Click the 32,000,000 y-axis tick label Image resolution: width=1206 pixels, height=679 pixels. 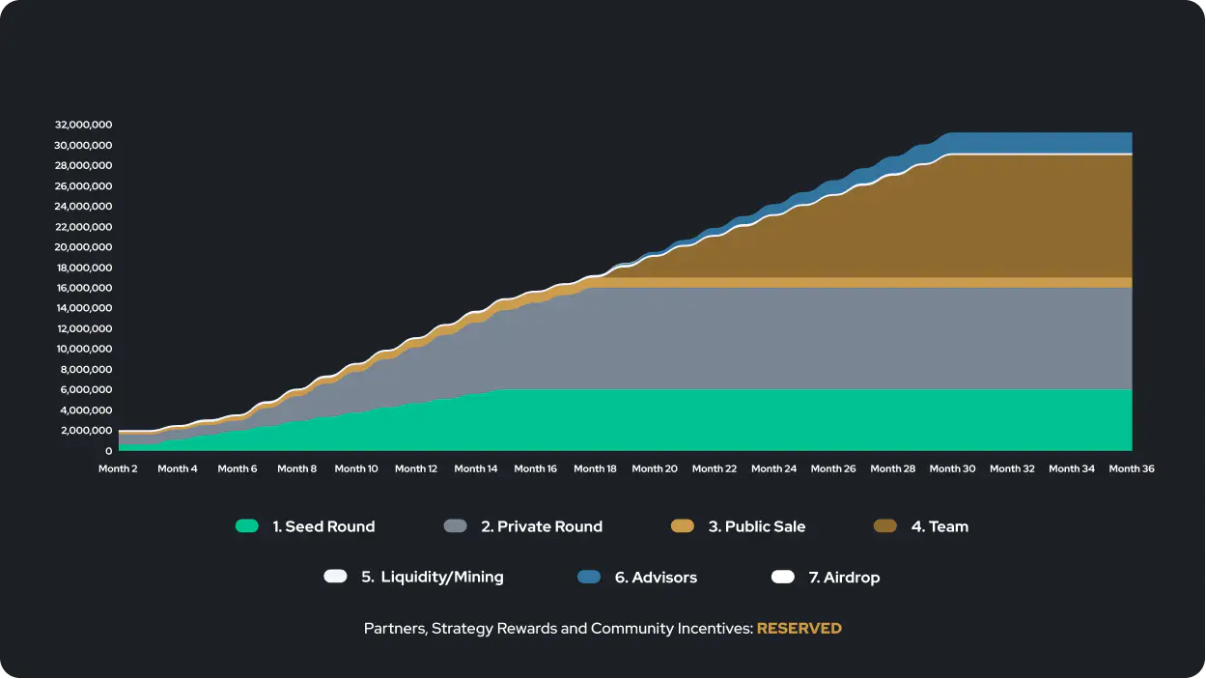click(84, 125)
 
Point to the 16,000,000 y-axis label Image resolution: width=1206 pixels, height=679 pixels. click(84, 288)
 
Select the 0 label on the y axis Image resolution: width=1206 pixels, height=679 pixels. click(109, 451)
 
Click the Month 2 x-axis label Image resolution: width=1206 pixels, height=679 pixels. click(118, 468)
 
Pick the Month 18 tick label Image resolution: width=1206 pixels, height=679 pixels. click(595, 468)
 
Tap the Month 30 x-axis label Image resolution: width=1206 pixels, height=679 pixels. click(952, 468)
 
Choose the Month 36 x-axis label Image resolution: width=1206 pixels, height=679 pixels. click(1132, 468)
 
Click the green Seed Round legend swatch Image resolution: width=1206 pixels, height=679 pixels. click(247, 526)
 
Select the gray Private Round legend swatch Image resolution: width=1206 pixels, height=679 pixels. click(455, 526)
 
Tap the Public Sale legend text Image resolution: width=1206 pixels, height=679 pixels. click(757, 526)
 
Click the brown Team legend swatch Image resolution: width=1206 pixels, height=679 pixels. click(884, 526)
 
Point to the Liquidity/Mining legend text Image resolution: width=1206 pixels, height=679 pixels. click(433, 577)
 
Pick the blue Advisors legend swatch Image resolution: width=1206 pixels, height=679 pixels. click(589, 577)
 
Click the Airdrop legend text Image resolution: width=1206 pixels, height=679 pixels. click(844, 577)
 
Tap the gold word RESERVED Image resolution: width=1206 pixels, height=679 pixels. click(799, 628)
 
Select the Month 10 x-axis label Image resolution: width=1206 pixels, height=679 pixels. click(356, 468)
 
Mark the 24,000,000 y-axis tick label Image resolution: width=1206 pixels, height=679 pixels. click(84, 207)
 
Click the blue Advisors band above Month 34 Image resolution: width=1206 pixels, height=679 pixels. click(1072, 143)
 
